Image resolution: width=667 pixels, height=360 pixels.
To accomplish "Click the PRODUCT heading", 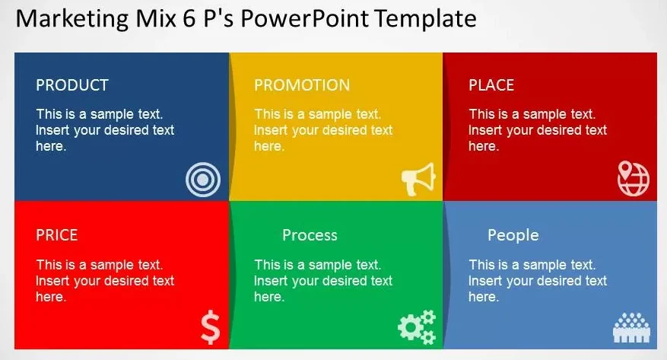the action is click(x=72, y=85).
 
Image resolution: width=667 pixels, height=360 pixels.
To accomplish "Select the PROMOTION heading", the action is click(x=302, y=85).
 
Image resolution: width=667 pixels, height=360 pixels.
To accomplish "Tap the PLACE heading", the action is click(x=491, y=85).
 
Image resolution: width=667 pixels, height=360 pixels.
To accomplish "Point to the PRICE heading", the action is click(x=56, y=235).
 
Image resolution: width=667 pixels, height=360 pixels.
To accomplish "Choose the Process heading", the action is click(x=310, y=235).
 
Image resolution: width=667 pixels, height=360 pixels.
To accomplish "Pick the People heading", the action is click(x=513, y=235).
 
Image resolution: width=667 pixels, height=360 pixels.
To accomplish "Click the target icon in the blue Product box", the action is click(x=203, y=180).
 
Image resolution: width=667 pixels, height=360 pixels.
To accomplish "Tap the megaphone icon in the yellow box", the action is click(x=418, y=179).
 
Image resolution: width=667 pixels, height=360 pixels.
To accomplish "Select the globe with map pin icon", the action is click(x=634, y=178).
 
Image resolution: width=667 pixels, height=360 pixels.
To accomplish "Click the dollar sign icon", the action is click(x=211, y=327).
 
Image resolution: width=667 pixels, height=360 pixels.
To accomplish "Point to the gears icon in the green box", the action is click(x=417, y=327).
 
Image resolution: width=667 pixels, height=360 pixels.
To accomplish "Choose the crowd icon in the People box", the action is click(x=632, y=328).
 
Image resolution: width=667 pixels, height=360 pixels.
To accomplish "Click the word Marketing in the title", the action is click(x=71, y=20).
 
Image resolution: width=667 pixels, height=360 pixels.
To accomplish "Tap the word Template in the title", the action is click(x=426, y=19).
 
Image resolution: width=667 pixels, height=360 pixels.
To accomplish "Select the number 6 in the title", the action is click(x=189, y=19).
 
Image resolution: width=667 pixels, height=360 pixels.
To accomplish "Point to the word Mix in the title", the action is click(x=156, y=19).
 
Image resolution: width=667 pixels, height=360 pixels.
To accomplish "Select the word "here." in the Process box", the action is click(x=269, y=297).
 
